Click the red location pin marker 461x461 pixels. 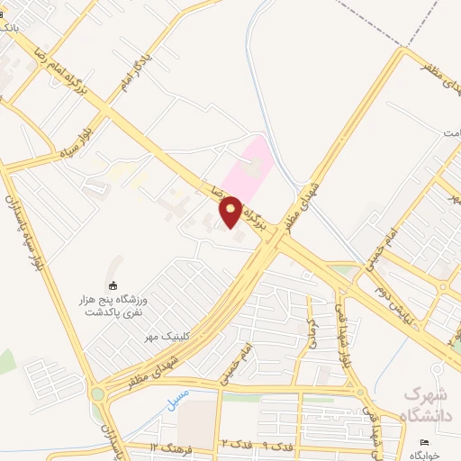230,212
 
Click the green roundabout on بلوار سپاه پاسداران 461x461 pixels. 97,392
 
